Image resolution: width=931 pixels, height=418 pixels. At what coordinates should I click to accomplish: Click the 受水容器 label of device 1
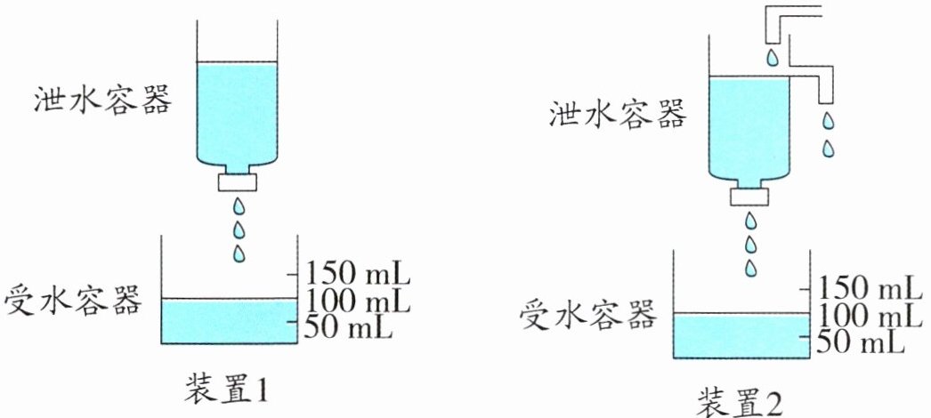pos(73,300)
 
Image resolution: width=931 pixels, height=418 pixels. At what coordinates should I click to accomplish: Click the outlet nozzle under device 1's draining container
pos(239,181)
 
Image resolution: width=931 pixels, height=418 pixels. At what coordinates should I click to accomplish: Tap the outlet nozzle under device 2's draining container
pos(749,195)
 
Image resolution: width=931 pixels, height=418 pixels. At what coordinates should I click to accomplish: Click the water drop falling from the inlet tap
pos(772,58)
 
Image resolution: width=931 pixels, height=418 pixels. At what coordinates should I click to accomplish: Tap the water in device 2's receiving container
pos(741,336)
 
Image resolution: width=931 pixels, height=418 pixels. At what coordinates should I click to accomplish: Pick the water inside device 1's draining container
pos(238,111)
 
